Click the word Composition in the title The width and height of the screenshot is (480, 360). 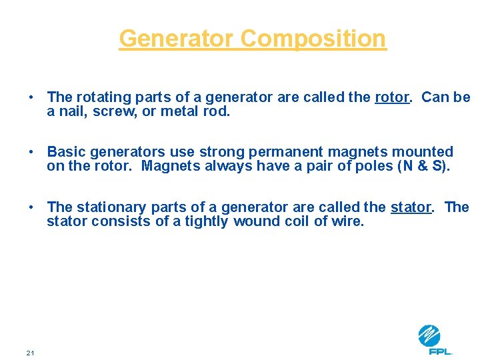point(313,39)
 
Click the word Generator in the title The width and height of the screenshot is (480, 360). point(177,39)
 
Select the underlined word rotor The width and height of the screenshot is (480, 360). point(392,97)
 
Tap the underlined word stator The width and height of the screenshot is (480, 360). point(411,207)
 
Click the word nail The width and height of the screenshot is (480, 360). point(71,111)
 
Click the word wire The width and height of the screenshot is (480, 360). point(348,221)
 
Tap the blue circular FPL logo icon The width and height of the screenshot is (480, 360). point(429,335)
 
